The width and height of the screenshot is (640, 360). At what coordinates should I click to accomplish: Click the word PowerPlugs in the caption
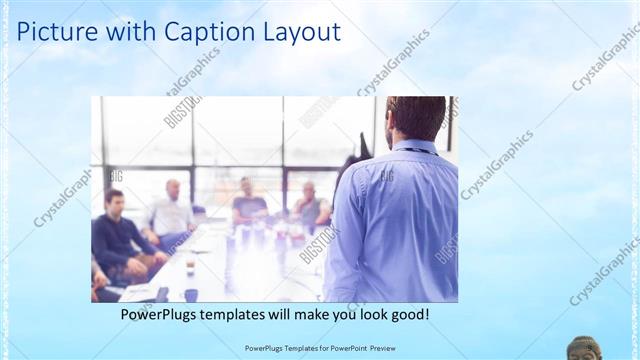[163, 314]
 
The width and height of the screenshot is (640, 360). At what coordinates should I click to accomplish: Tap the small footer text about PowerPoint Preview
[319, 347]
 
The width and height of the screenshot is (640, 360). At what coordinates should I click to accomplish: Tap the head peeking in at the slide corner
[584, 349]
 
